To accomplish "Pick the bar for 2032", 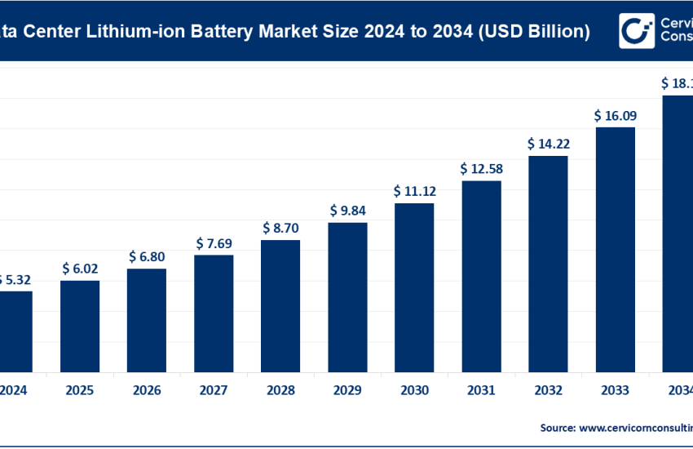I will click(548, 262).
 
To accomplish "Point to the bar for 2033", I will click(615, 248).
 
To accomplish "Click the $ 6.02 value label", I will click(80, 269).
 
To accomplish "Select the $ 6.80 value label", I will click(147, 256).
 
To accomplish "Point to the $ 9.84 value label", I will click(347, 211).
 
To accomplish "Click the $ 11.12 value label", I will click(414, 191).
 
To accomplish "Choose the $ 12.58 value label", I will click(481, 169).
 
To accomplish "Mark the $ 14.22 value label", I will click(548, 144).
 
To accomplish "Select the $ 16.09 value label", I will click(615, 116).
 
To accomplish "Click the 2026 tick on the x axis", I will click(147, 389).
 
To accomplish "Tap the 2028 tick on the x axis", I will click(280, 389).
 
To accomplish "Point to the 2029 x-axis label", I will click(347, 389).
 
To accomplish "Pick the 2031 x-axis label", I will click(481, 389).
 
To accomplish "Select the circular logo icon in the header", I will click(634, 30).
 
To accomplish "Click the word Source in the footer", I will click(557, 427).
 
